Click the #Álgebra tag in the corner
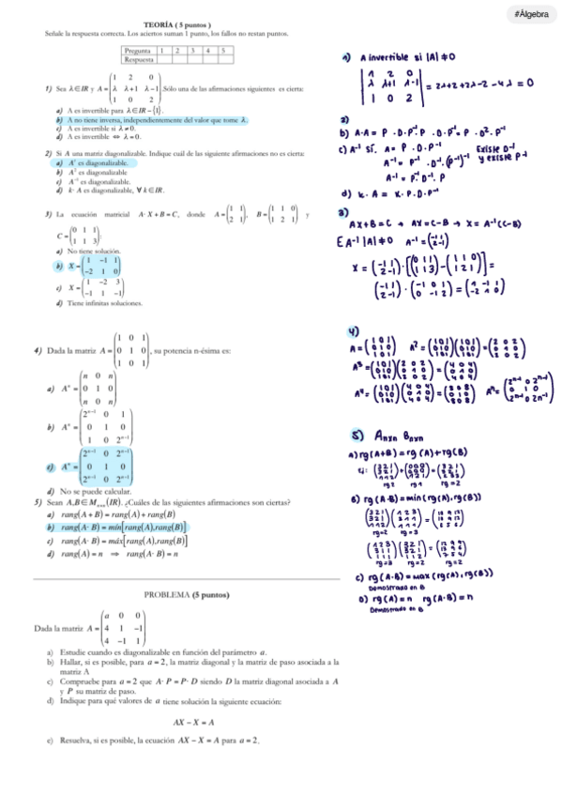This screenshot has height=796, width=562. tap(530, 14)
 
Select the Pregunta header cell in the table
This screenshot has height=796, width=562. tap(138, 50)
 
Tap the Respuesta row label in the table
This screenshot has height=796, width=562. tap(139, 58)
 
